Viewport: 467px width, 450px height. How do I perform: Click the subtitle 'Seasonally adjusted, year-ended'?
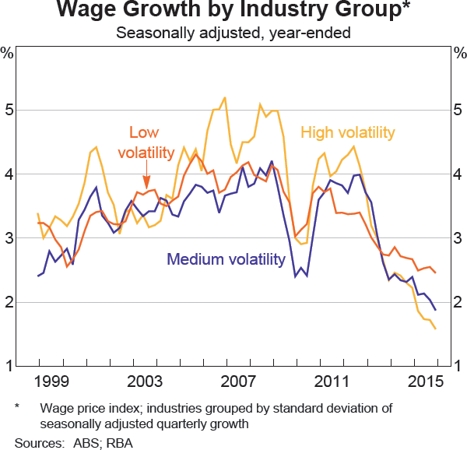pos(233,33)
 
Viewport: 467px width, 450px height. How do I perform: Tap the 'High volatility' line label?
pos(347,132)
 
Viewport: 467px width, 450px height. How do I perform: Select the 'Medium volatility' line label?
pos(226,259)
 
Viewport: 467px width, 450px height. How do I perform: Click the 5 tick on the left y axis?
pos(10,110)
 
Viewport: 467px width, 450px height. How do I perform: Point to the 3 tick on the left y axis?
pos(10,237)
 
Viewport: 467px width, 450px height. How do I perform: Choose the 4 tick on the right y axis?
pos(457,174)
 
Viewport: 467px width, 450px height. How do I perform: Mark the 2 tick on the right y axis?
pos(457,301)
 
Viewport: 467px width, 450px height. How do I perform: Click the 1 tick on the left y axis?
pos(10,365)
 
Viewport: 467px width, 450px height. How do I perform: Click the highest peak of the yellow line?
pos(225,97)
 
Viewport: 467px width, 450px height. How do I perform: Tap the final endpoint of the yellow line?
pos(435,329)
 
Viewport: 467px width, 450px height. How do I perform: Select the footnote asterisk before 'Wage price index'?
pos(18,408)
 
